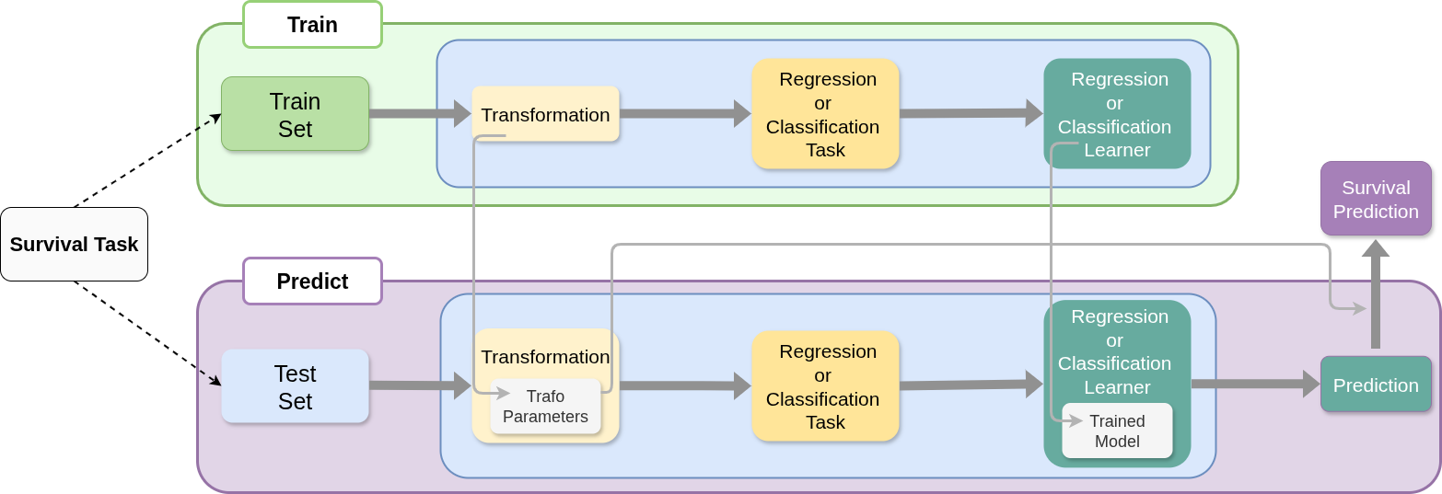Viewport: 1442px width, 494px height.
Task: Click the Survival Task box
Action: (x=74, y=244)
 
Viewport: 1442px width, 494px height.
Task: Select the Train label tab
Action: (x=312, y=25)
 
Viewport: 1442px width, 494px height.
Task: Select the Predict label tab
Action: (x=312, y=281)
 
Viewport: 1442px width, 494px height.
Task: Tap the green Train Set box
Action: (x=295, y=114)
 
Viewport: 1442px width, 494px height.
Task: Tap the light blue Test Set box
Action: (x=295, y=386)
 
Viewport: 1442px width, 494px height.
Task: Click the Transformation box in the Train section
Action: (x=545, y=114)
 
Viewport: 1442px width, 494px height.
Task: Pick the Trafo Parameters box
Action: (x=545, y=407)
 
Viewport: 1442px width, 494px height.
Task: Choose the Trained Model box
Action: (x=1117, y=431)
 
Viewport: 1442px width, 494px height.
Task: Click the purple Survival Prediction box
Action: (x=1376, y=199)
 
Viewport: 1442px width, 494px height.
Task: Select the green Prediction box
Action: (x=1376, y=385)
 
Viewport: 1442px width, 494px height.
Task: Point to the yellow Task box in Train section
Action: (x=825, y=114)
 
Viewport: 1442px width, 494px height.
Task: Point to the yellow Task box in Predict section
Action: (x=825, y=386)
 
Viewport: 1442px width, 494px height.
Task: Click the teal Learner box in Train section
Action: (x=1117, y=114)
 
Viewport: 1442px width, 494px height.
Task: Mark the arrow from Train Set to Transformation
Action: (x=420, y=114)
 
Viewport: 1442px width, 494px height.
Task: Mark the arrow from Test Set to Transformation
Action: (x=420, y=386)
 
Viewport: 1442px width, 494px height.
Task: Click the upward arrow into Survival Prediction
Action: (x=1376, y=294)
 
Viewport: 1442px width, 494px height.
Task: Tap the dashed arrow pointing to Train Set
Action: (x=209, y=122)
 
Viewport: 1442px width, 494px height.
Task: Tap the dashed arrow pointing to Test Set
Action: (x=211, y=377)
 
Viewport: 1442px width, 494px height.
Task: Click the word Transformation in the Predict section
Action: (x=545, y=357)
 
